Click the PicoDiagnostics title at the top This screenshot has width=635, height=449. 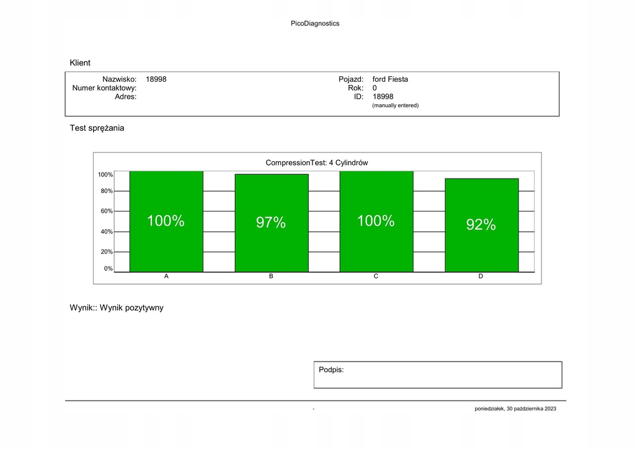315,24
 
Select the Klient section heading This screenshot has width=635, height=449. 80,63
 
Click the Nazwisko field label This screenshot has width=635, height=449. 119,79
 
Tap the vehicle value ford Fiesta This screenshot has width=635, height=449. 390,79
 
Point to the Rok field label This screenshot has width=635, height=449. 355,88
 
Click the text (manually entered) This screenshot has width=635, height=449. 395,105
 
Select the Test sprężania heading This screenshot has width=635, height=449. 97,128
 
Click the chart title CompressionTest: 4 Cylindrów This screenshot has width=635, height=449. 317,162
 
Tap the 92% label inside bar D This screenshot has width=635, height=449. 481,225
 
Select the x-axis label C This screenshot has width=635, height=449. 376,277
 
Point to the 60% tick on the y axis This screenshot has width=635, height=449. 106,211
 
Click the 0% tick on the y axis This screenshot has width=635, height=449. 108,269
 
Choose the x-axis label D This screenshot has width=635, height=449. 481,277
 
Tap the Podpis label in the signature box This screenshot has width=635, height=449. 331,370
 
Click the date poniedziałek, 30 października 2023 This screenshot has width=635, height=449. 515,409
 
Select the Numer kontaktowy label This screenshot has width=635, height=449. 104,88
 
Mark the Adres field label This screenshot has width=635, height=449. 125,97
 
